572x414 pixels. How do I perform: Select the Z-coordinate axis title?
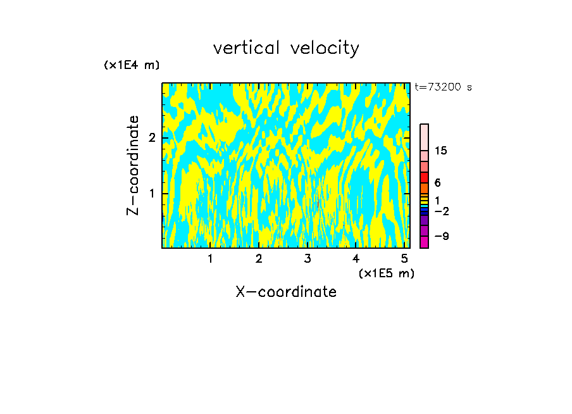(x=133, y=165)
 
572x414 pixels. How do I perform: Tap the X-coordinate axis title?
(x=286, y=292)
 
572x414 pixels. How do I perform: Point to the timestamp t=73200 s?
(x=443, y=87)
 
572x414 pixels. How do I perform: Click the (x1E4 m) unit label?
(x=132, y=65)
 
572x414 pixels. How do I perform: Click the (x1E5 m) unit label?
(x=386, y=273)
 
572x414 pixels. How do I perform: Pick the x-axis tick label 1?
(x=210, y=259)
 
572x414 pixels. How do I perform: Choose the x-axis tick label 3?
(x=308, y=259)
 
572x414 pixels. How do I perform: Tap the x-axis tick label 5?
(x=404, y=259)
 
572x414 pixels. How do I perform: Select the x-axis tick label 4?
(x=356, y=259)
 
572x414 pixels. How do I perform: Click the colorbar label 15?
(x=441, y=151)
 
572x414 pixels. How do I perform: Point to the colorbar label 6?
(x=437, y=182)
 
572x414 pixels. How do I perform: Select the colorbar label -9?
(x=441, y=236)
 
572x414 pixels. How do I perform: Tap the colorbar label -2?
(x=441, y=211)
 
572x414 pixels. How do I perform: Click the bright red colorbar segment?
(x=424, y=177)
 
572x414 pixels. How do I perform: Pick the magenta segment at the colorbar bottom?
(x=424, y=242)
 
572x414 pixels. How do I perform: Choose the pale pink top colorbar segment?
(x=424, y=137)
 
